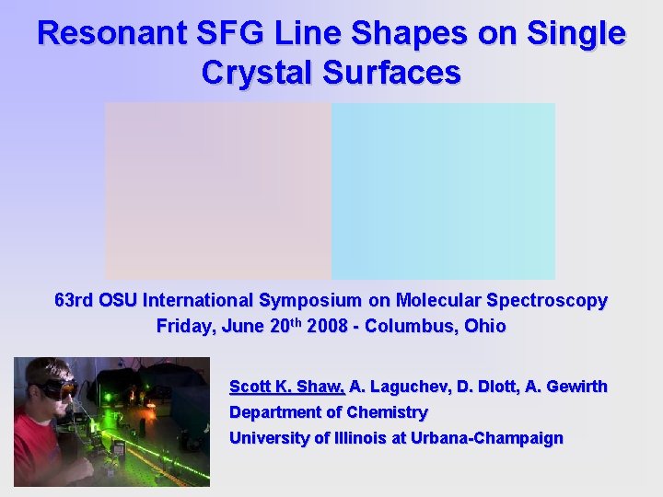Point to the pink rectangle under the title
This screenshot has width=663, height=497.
pyautogui.click(x=217, y=191)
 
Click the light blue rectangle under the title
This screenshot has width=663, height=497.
pyautogui.click(x=443, y=191)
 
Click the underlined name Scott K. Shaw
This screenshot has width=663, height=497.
pyautogui.click(x=286, y=387)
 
